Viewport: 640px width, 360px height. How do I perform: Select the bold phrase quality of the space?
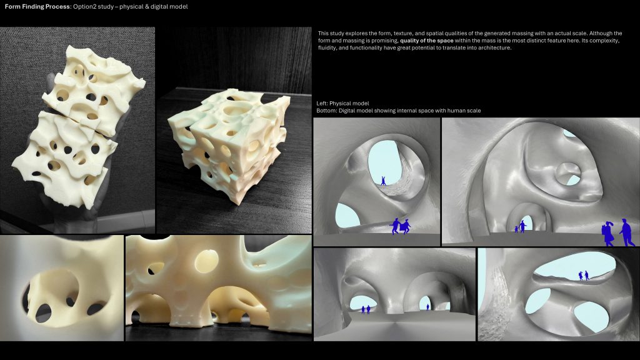426,41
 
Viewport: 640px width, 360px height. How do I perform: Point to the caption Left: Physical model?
342,103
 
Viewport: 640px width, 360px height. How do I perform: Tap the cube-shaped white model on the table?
229,145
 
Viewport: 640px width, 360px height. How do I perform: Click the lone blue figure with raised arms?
383,181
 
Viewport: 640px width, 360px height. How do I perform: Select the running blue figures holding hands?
400,226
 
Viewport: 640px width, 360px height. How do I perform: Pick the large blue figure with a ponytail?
607,234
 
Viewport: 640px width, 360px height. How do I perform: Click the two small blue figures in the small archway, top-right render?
520,227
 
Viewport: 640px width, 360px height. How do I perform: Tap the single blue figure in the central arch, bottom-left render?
427,307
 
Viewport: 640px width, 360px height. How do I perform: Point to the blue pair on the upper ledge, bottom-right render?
584,276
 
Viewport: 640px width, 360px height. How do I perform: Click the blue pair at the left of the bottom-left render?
366,310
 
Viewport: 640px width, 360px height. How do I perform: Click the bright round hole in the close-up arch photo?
206,261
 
